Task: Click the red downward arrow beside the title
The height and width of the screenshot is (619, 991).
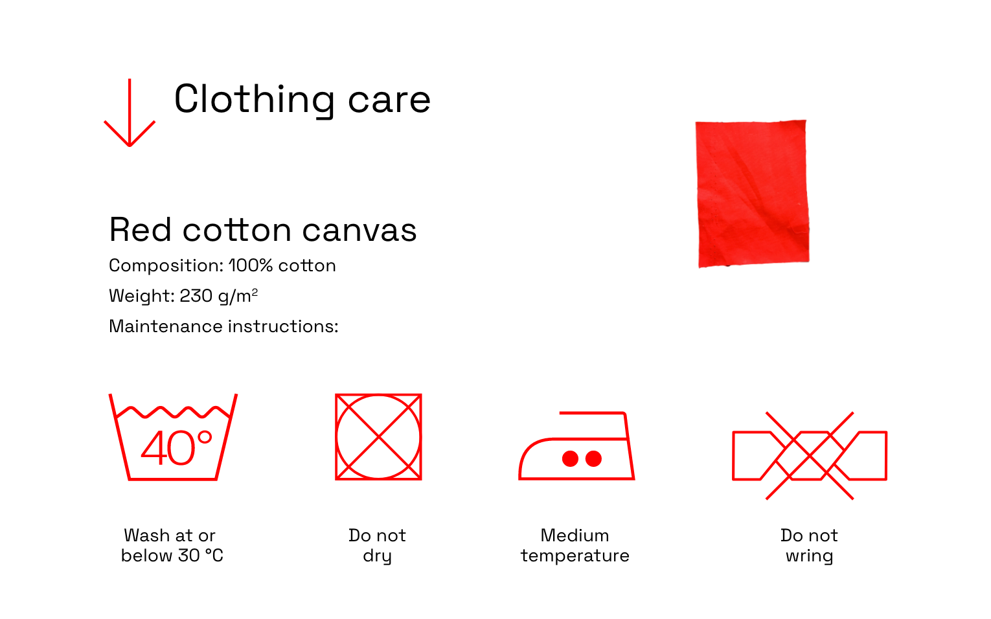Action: [130, 112]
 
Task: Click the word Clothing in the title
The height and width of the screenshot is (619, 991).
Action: [255, 100]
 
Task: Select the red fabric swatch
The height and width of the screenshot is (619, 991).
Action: [753, 194]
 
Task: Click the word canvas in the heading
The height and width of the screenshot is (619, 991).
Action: [359, 231]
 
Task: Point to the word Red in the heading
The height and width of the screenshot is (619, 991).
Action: [141, 230]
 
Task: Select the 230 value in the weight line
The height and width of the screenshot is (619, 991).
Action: [196, 296]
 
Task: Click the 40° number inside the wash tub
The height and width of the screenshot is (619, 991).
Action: [177, 448]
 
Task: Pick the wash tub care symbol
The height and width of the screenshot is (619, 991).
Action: [173, 437]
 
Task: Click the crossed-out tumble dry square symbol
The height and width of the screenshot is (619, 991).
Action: [378, 437]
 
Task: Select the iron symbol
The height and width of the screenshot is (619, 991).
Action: [577, 445]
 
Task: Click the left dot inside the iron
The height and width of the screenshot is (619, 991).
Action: [570, 459]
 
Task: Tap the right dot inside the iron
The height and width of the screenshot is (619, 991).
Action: [594, 459]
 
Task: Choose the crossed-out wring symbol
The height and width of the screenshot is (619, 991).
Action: [810, 456]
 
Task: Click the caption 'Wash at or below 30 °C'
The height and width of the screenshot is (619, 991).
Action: [172, 546]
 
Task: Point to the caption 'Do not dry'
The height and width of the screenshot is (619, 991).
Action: [378, 546]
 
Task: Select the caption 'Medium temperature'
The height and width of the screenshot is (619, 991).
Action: [575, 546]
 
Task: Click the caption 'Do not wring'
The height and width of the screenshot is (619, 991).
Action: [809, 546]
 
